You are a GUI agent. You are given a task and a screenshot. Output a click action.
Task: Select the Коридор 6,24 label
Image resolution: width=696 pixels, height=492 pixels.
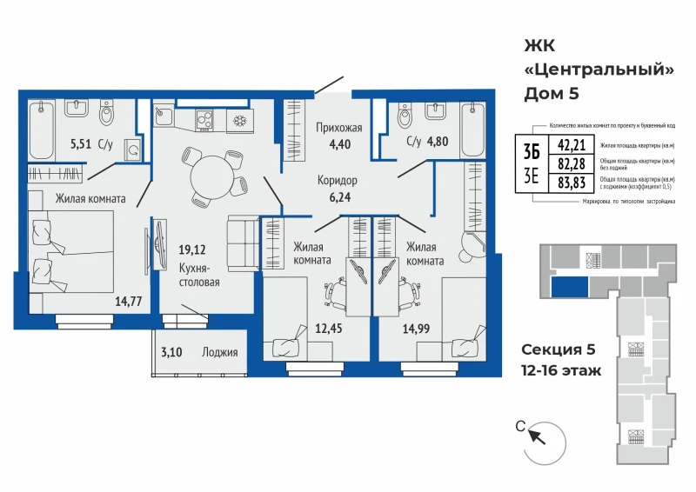click(338, 189)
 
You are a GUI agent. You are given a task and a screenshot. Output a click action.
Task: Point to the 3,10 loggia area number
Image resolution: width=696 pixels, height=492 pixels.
click(171, 353)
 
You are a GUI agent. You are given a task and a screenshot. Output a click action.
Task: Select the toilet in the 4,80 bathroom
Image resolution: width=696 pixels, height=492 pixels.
click(405, 116)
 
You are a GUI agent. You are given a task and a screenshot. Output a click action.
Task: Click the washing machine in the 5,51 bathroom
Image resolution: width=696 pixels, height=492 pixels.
click(133, 150)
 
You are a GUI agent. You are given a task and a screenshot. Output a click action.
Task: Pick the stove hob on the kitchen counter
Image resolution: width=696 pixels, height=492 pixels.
click(206, 119)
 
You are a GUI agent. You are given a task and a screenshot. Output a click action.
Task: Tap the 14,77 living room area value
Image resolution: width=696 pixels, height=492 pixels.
click(128, 302)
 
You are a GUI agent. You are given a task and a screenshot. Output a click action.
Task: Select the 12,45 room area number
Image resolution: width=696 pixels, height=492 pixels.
click(328, 329)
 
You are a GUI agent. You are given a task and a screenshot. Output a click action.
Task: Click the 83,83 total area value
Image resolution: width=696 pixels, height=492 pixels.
click(572, 181)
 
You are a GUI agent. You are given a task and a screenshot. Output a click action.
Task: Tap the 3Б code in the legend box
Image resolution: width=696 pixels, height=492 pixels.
click(532, 150)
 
